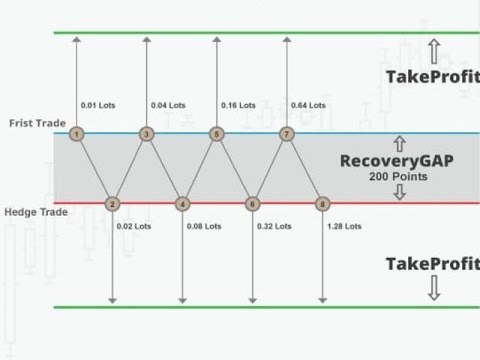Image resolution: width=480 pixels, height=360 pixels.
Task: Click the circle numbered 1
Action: click(x=76, y=133)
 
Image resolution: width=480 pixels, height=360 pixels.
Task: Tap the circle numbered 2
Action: click(x=112, y=205)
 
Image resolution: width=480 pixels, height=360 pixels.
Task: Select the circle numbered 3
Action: click(x=146, y=133)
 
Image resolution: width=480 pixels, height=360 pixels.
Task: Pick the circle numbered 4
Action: click(x=182, y=205)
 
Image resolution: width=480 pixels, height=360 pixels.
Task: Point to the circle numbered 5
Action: click(x=216, y=133)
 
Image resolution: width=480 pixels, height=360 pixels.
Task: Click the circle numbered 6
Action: click(x=252, y=205)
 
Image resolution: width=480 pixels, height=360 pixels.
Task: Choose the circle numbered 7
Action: click(x=287, y=133)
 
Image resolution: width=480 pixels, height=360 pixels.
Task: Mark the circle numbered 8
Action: click(x=322, y=205)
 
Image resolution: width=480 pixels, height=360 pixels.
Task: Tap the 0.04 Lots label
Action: click(x=168, y=104)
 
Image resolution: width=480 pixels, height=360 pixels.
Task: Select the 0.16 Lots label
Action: click(x=238, y=104)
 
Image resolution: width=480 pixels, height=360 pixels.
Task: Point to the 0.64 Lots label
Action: click(x=308, y=104)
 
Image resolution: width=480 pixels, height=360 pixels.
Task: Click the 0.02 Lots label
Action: click(x=134, y=226)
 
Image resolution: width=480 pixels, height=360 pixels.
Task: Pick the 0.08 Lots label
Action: click(x=203, y=226)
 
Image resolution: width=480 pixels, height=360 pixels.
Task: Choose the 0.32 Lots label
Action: click(x=273, y=226)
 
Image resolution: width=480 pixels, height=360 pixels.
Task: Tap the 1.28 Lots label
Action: click(x=343, y=226)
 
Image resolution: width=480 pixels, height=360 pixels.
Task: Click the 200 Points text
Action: click(x=399, y=177)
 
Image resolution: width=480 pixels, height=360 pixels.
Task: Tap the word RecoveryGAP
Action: click(x=398, y=160)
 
